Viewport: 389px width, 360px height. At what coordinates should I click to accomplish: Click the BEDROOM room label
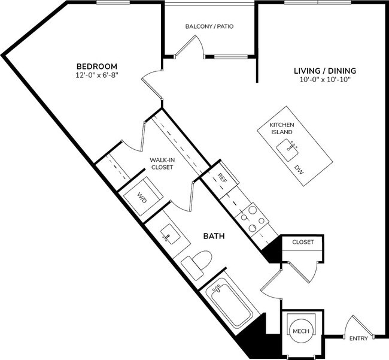96,66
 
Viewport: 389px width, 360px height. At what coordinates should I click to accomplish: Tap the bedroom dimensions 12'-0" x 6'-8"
96,75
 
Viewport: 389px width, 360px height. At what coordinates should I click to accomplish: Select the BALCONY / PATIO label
209,27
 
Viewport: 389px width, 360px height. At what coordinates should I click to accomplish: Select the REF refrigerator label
221,179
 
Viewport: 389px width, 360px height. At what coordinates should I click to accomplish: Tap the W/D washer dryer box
142,196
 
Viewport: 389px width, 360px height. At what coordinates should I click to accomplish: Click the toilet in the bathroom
197,261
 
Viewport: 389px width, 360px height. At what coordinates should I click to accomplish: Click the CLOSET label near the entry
303,243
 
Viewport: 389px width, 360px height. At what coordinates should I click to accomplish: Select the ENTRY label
358,339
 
